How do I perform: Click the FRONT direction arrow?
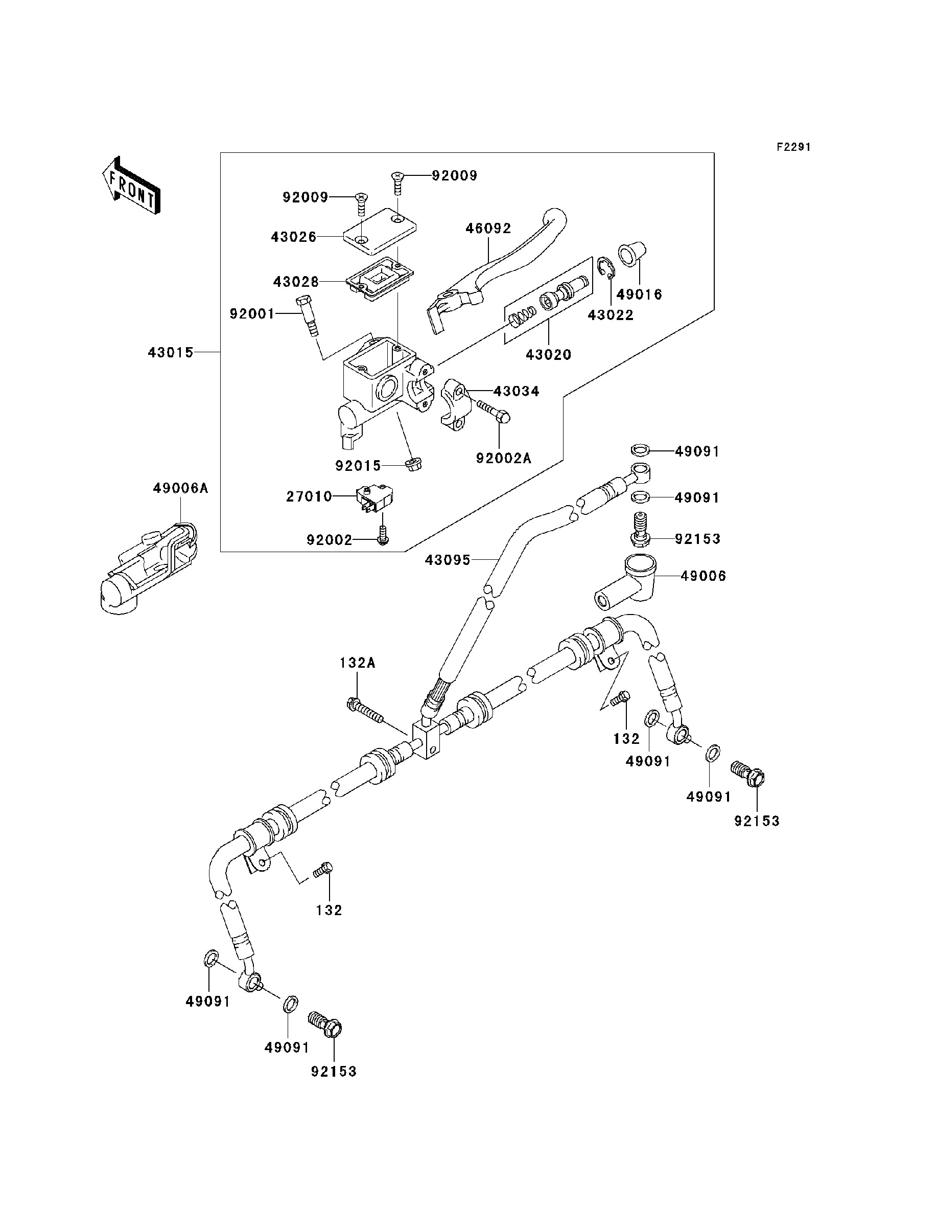tap(131, 186)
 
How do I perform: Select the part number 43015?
tap(171, 353)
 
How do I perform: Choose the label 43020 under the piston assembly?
tap(549, 355)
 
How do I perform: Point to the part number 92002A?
tap(504, 458)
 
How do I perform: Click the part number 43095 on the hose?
tap(448, 560)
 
